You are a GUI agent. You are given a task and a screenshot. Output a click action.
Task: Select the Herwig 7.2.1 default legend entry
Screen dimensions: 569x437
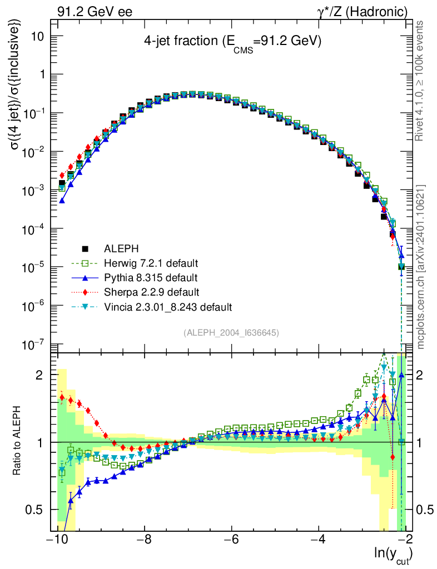(x=151, y=263)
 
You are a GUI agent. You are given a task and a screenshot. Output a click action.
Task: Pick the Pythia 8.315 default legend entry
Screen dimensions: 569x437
(x=150, y=277)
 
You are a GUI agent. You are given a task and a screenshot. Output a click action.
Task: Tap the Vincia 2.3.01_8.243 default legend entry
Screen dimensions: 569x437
(x=167, y=306)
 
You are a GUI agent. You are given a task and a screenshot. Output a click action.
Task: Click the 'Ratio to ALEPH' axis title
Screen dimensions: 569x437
(x=18, y=442)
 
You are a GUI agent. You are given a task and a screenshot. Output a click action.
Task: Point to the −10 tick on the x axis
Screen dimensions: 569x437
(x=58, y=540)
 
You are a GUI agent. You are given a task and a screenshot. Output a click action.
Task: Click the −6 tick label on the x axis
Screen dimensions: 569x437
(x=231, y=540)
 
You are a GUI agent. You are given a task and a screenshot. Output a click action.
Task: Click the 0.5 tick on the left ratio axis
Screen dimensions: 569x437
(x=37, y=510)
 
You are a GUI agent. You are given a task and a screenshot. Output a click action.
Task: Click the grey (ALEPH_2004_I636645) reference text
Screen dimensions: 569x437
(x=231, y=332)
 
